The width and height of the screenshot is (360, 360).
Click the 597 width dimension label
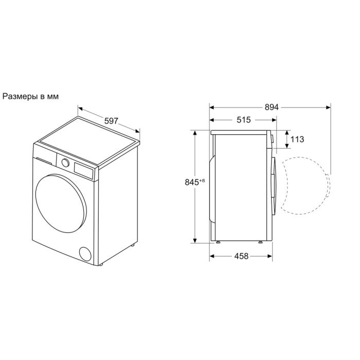[111, 121]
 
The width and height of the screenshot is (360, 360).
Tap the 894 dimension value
[272, 107]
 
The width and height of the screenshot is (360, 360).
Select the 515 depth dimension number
[244, 120]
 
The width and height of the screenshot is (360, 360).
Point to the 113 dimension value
[297, 139]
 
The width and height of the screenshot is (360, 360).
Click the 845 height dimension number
[192, 182]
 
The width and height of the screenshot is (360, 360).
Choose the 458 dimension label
[241, 256]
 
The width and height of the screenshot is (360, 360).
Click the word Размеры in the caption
[20, 97]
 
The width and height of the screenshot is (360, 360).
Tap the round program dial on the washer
[65, 163]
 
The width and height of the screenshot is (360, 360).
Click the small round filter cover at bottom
[85, 254]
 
